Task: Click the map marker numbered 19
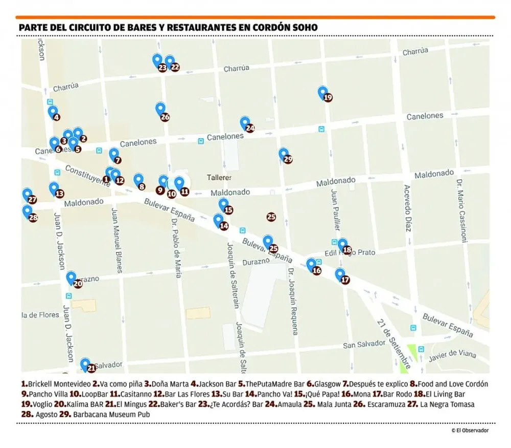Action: click(323, 93)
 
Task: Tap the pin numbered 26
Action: click(160, 109)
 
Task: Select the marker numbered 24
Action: click(245, 123)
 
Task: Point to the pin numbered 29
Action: click(284, 154)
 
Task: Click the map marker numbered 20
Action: click(72, 279)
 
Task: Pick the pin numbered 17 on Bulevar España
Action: click(340, 275)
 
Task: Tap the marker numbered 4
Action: click(53, 112)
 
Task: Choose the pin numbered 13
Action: click(54, 189)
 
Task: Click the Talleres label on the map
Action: click(219, 178)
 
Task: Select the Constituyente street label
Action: click(87, 176)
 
